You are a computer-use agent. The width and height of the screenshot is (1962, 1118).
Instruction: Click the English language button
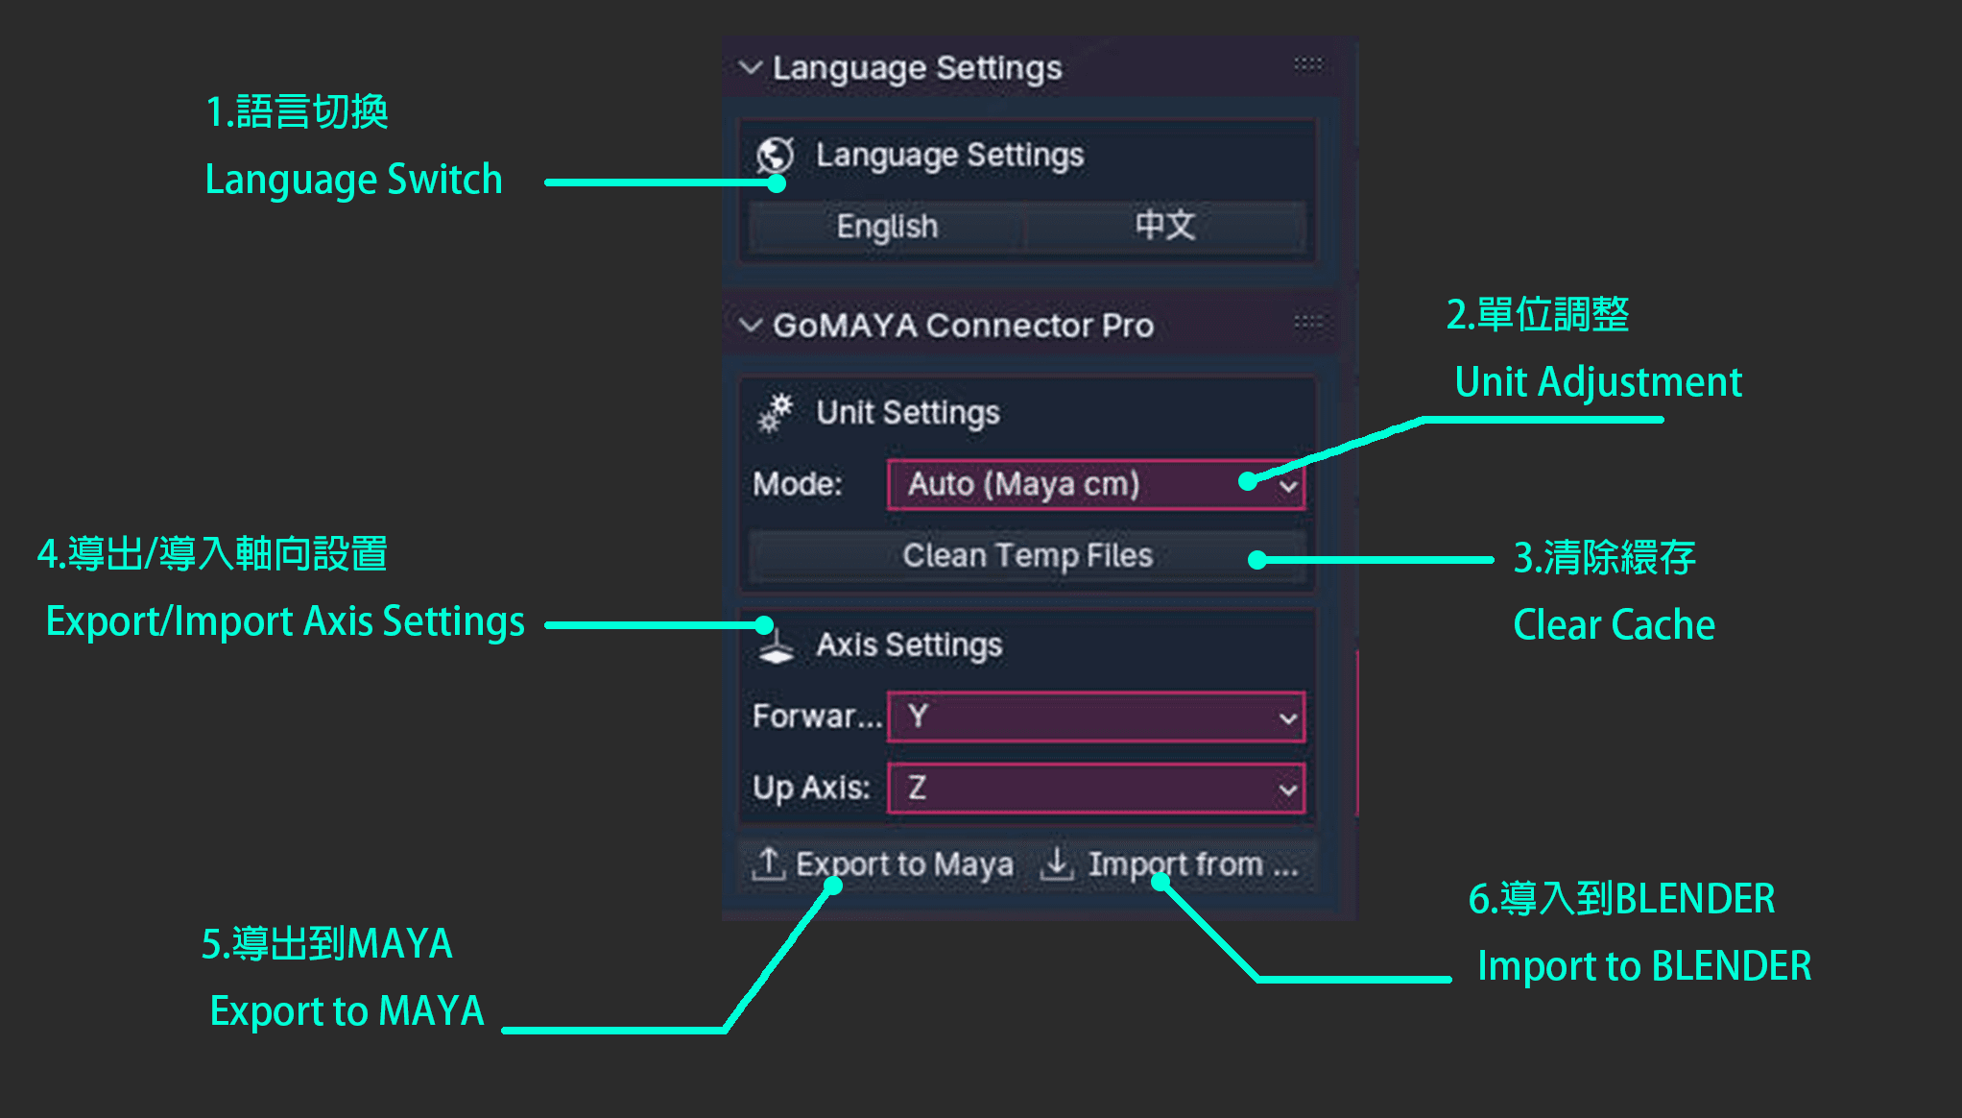pyautogui.click(x=887, y=227)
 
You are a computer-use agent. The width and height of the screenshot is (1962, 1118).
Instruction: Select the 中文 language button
pyautogui.click(x=1165, y=227)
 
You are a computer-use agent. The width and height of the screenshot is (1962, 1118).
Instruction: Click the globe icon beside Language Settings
pyautogui.click(x=775, y=156)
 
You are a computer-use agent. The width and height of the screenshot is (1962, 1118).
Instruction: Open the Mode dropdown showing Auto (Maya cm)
pyautogui.click(x=1096, y=484)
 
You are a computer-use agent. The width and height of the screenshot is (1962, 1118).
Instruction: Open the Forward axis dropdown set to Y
pyautogui.click(x=1096, y=717)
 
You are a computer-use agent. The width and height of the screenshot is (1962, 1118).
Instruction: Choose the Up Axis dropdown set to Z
pyautogui.click(x=1096, y=789)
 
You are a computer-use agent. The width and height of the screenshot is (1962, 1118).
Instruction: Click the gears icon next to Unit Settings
pyautogui.click(x=775, y=413)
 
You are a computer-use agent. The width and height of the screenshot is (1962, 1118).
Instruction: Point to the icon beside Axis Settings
pyautogui.click(x=776, y=645)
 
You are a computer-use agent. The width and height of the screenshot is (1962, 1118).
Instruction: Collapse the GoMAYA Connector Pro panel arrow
pyautogui.click(x=751, y=325)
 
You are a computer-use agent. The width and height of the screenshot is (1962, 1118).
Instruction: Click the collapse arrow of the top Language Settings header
pyautogui.click(x=751, y=67)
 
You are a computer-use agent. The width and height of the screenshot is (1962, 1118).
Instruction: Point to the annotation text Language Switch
pyautogui.click(x=353, y=181)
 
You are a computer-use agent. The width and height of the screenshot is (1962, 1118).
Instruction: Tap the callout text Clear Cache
pyautogui.click(x=1614, y=624)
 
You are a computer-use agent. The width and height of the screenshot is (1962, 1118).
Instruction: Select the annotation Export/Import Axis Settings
pyautogui.click(x=285, y=622)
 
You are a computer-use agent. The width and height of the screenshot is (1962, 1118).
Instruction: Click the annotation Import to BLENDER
pyautogui.click(x=1644, y=966)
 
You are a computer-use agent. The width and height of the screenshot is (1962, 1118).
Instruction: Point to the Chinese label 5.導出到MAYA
pyautogui.click(x=326, y=944)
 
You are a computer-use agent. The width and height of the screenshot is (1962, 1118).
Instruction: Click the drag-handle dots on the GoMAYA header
pyautogui.click(x=1307, y=321)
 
